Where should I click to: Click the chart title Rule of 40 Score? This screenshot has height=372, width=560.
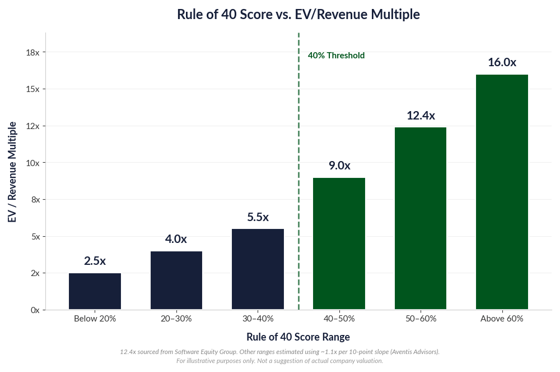[298, 15]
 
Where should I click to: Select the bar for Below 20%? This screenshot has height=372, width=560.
[95, 291]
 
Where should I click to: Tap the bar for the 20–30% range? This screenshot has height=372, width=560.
[176, 281]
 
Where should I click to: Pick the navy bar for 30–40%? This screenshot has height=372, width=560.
[258, 269]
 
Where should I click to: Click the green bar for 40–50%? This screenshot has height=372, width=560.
[339, 244]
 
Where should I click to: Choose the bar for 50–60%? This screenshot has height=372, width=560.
[421, 218]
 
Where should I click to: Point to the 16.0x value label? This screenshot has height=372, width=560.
[502, 62]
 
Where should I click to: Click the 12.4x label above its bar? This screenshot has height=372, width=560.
[421, 116]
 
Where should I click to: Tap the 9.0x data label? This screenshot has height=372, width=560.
[339, 166]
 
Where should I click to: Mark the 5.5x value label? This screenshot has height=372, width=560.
[258, 217]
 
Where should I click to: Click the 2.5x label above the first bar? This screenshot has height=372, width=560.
[95, 261]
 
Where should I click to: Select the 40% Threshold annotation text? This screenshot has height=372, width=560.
[336, 56]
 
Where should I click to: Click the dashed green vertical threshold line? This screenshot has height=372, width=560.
[298, 168]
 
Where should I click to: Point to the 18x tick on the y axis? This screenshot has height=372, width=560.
[32, 52]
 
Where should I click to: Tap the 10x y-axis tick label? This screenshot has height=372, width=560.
[32, 163]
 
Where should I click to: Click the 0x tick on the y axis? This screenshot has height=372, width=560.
[35, 310]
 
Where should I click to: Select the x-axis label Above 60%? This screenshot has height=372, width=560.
[502, 319]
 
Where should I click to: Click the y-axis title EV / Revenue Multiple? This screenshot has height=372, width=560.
[12, 171]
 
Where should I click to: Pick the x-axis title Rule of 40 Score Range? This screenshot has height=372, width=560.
[298, 337]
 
